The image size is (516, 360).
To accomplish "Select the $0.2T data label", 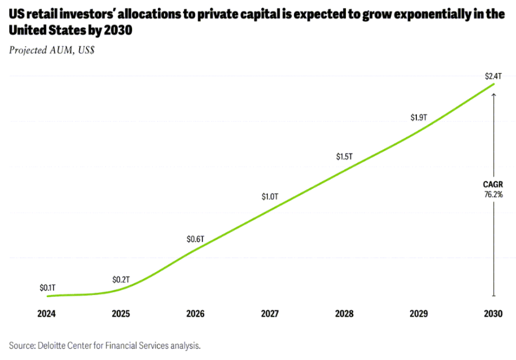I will pos(121,280).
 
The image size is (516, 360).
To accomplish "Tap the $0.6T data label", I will pos(195,239).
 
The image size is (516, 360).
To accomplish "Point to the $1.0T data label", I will pos(269,197).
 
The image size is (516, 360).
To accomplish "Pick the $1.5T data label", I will pos(344,156).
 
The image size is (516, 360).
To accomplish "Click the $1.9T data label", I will pos(418,117).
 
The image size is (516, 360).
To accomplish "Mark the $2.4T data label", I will pos(492,76).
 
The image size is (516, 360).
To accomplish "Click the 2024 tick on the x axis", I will pos(47,314).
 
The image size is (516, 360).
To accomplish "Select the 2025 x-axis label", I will pos(121,314).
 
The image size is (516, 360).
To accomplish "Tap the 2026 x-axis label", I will pos(195,314).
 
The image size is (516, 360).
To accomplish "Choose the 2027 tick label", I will pos(270,314).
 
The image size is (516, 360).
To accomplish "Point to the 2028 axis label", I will pos(344,314).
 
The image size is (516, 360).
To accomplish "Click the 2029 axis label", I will pos(418,314).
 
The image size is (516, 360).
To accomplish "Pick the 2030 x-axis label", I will pos(492,314).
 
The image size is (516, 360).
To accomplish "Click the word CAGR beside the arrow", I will pos(492,185).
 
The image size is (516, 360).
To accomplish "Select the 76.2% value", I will pos(492,194).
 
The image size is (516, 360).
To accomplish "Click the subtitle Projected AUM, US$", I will pos(51,50).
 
